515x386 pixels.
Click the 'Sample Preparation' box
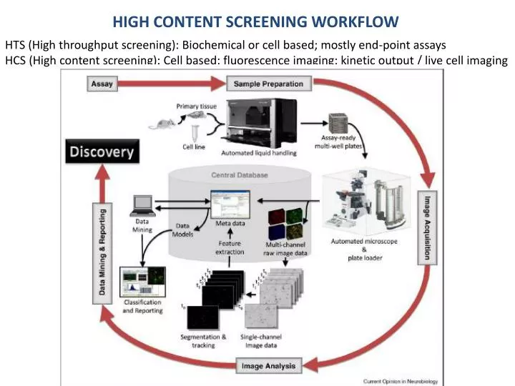tap(268, 84)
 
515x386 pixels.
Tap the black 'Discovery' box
tap(102, 152)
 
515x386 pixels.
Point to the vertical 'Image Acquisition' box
tap(428, 228)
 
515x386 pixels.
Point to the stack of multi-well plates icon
tap(339, 124)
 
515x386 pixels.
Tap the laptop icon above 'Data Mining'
tap(143, 205)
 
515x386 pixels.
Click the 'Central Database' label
tap(240, 174)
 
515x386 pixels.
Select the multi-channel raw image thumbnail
tap(285, 224)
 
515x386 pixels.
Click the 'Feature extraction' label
tap(229, 247)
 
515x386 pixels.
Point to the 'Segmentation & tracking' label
tap(203, 341)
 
